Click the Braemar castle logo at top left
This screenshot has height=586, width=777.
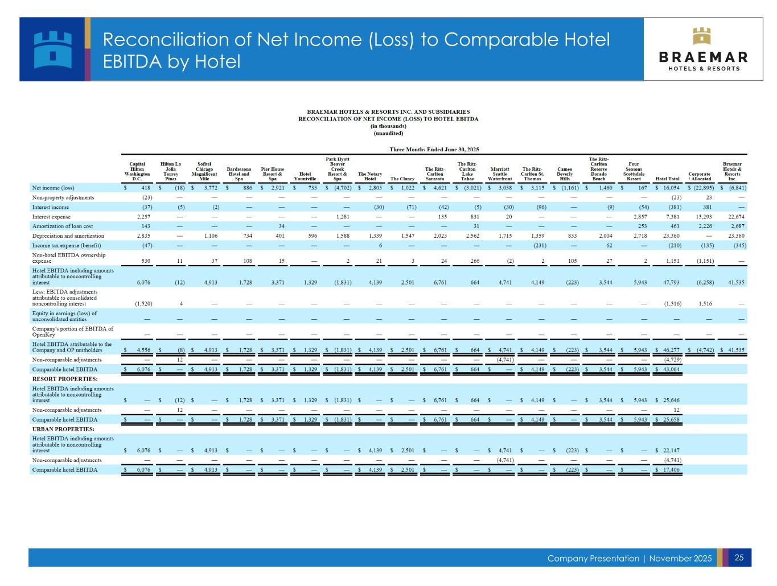53,49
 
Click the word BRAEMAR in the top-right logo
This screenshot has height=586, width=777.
703,57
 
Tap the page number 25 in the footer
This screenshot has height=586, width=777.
739,558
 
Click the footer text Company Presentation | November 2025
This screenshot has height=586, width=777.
629,559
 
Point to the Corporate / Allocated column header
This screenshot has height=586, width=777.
699,176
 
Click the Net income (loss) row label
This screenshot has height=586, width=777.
53,187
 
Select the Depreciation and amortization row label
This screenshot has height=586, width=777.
68,236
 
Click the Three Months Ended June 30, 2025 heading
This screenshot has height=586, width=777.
434,150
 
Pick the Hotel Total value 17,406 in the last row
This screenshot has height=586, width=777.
668,470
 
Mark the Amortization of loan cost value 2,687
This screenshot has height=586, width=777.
739,226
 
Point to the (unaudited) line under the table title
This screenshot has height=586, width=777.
388,133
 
